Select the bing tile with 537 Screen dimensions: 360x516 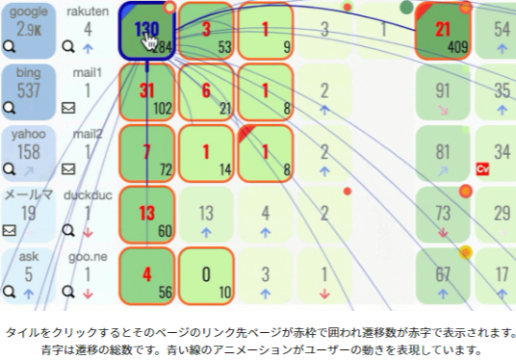coord(28,90)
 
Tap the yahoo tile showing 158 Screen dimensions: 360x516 coord(28,152)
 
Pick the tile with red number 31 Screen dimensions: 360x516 coord(147,91)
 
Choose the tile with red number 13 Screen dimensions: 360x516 coord(147,215)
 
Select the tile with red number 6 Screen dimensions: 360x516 coord(207,91)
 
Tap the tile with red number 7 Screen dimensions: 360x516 coord(147,153)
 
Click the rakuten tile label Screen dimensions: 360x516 coord(88,12)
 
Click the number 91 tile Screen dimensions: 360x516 coord(443,91)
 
